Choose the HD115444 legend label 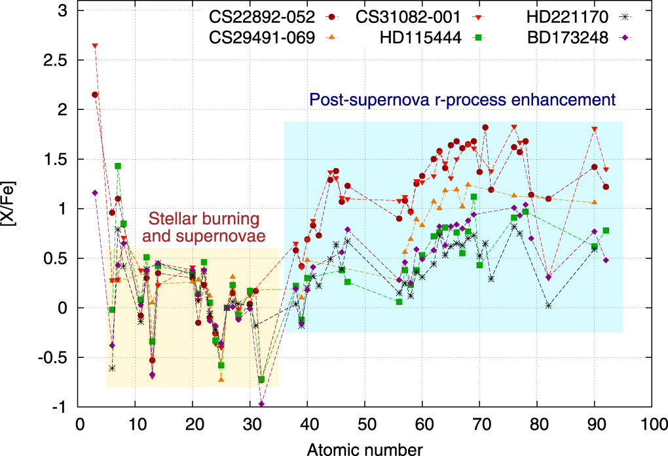click(x=417, y=38)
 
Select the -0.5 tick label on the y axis click(x=59, y=357)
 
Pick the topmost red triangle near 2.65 click(x=95, y=46)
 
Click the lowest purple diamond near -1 click(x=262, y=404)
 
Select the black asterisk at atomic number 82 click(x=548, y=306)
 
